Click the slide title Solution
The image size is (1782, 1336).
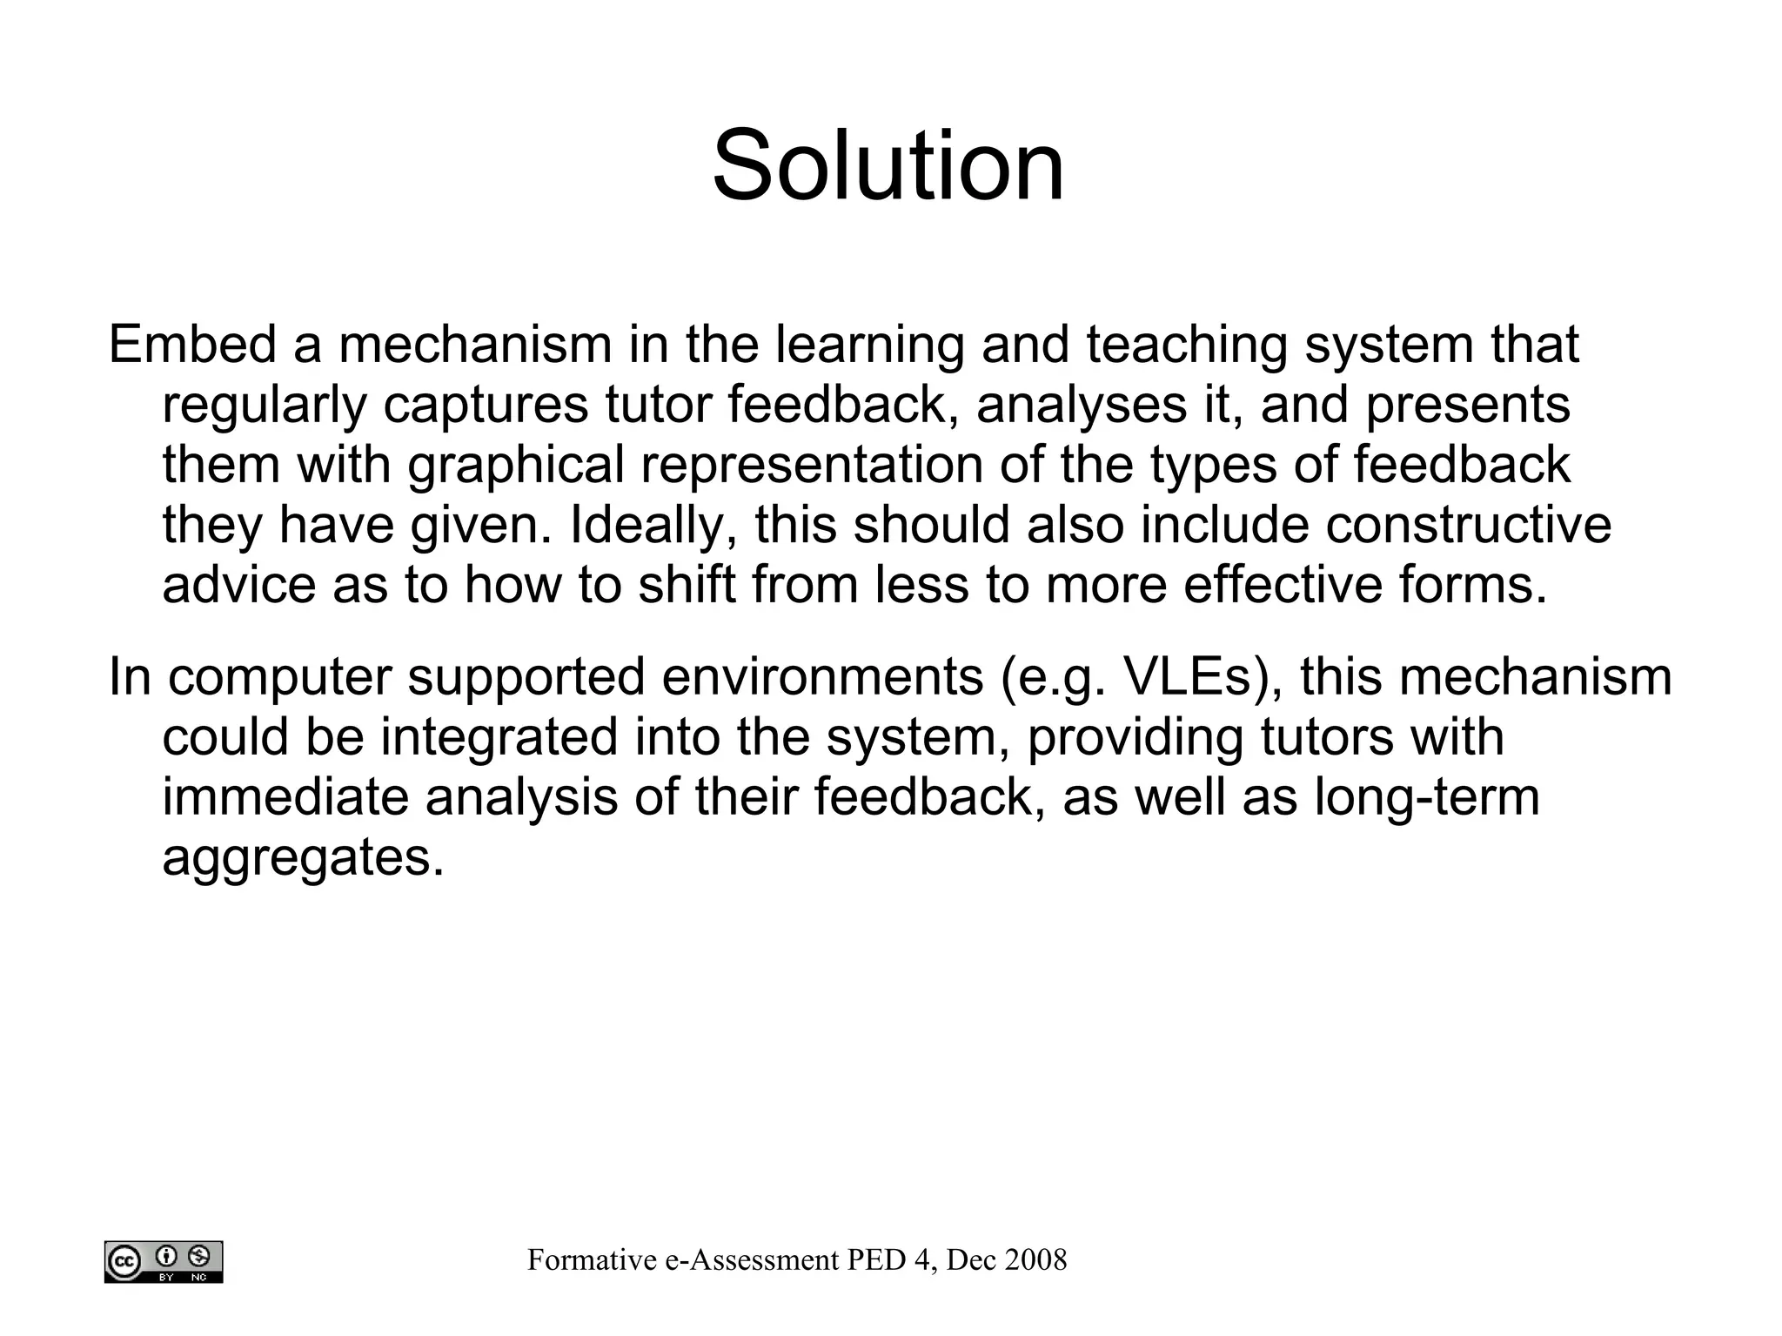click(888, 165)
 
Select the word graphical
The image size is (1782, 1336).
click(516, 465)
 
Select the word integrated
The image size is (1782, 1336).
click(499, 737)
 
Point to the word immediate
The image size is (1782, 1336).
click(285, 797)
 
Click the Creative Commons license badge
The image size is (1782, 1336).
click(164, 1261)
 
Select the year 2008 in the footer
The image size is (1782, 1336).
click(1035, 1260)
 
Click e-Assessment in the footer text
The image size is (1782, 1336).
click(754, 1260)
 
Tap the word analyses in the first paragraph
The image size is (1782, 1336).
click(1082, 405)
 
